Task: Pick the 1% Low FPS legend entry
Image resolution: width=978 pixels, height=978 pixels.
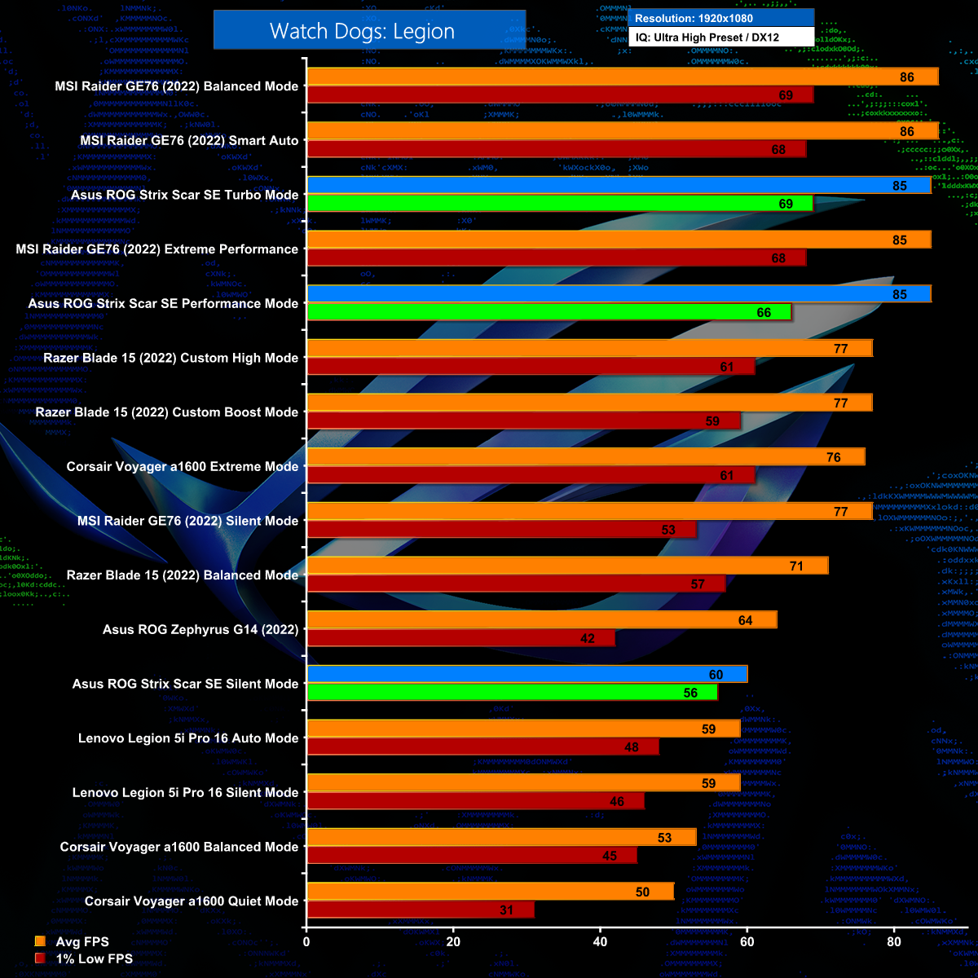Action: [94, 958]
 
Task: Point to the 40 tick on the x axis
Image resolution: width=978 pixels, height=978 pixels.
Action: [600, 942]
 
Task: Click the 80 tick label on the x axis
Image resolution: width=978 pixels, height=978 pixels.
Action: [893, 942]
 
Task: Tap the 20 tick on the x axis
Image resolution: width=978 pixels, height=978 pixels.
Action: [453, 942]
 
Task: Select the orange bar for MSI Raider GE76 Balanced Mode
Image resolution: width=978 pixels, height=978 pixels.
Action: [623, 77]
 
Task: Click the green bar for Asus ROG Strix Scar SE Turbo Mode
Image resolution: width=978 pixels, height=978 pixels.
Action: [560, 204]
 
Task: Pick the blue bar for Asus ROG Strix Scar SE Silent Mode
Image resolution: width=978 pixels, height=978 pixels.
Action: [527, 674]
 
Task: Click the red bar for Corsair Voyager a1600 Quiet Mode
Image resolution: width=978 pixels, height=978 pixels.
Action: [421, 910]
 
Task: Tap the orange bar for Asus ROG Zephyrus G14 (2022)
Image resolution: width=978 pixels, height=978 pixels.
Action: [542, 620]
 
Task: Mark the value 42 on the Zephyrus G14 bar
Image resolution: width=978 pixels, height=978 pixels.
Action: [588, 638]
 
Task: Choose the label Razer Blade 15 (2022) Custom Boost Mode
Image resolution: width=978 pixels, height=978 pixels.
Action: [167, 412]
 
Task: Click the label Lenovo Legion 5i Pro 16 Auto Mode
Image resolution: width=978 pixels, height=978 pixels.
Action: [188, 738]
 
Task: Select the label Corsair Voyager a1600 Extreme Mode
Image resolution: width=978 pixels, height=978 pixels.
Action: [183, 467]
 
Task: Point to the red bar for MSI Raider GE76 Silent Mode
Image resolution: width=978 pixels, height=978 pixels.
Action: [502, 530]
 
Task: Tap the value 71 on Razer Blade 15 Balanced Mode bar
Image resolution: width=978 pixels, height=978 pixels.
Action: [796, 566]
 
